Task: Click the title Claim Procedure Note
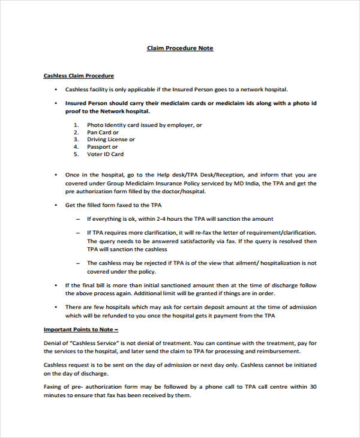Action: click(x=180, y=48)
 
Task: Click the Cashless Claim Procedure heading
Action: click(x=79, y=76)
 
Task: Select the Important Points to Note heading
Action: click(x=81, y=329)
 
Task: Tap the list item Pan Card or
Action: click(x=103, y=133)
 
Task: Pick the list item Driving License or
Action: click(x=111, y=140)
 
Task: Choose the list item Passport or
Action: click(x=103, y=147)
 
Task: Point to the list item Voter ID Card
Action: click(x=106, y=154)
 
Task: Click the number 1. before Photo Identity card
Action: click(x=76, y=125)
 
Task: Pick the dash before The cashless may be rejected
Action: click(x=78, y=263)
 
